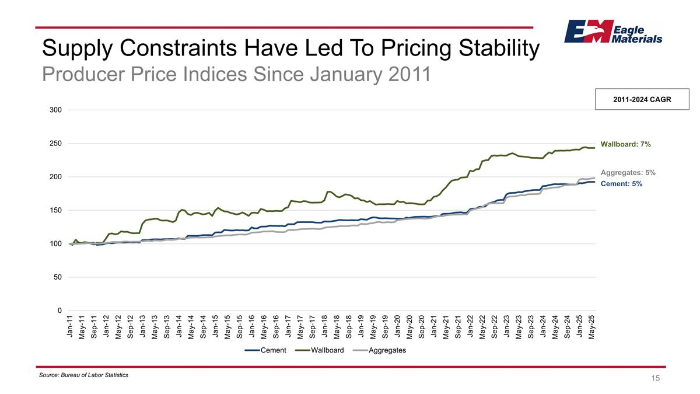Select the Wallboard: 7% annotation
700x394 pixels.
pos(625,144)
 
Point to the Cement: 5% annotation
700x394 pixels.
pos(621,184)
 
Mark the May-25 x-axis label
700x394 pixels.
pos(592,326)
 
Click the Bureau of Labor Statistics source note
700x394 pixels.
pos(83,375)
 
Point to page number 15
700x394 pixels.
pos(656,378)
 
